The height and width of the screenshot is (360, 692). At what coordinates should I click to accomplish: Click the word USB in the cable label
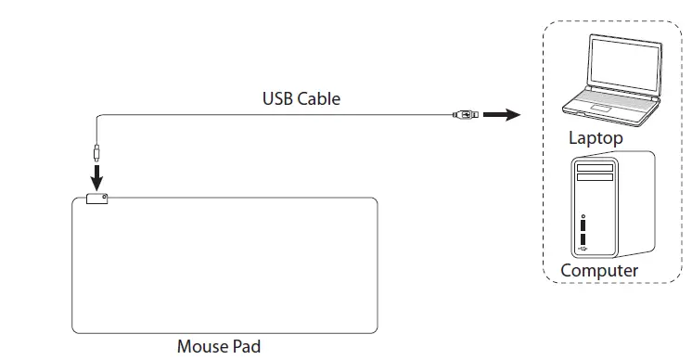coord(278,97)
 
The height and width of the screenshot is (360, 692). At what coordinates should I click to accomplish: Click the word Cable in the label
coord(318,97)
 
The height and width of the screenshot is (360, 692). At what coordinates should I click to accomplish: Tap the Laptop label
coord(596,138)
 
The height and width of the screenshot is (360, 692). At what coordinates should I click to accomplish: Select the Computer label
coord(599,270)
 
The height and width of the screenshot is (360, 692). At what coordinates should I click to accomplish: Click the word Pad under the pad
coord(246,347)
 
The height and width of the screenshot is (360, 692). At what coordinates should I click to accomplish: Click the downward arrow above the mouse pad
coord(96,176)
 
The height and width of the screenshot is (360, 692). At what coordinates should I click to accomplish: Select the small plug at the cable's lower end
coord(96,151)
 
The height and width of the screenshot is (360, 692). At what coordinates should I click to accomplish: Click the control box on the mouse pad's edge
coord(96,198)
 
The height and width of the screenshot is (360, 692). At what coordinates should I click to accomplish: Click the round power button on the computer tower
coord(583,217)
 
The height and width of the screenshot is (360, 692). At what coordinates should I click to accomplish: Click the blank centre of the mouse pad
coord(224,264)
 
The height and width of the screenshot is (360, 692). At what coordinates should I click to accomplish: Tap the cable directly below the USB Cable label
coord(301,114)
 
